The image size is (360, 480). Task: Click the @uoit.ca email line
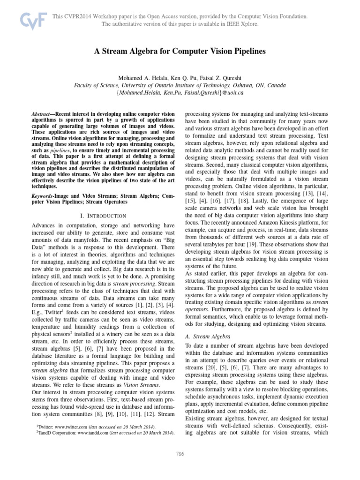[x=180, y=93]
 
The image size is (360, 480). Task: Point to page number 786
[x=180, y=454]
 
